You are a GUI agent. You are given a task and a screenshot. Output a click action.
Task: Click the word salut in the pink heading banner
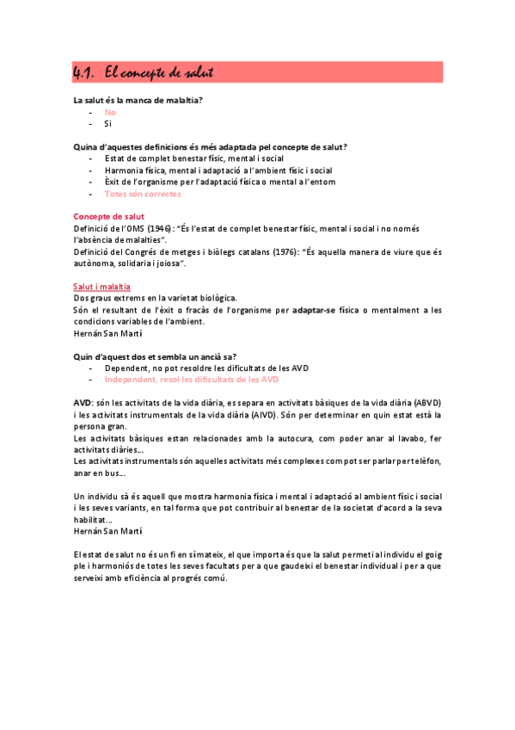click(x=193, y=72)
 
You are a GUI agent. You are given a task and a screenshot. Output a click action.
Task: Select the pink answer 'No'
click(x=110, y=112)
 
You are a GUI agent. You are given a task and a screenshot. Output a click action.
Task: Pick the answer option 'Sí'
click(x=108, y=123)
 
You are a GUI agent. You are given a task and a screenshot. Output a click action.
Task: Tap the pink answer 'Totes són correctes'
click(x=143, y=194)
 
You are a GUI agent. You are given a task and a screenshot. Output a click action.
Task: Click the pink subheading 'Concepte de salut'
click(x=109, y=216)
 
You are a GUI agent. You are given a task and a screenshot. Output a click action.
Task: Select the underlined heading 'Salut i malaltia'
click(x=102, y=286)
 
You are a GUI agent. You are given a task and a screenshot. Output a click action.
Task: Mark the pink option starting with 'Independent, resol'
click(x=191, y=379)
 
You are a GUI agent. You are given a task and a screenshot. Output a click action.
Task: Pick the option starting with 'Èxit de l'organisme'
click(x=219, y=182)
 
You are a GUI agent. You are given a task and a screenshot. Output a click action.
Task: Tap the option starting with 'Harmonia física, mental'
click(x=218, y=170)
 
